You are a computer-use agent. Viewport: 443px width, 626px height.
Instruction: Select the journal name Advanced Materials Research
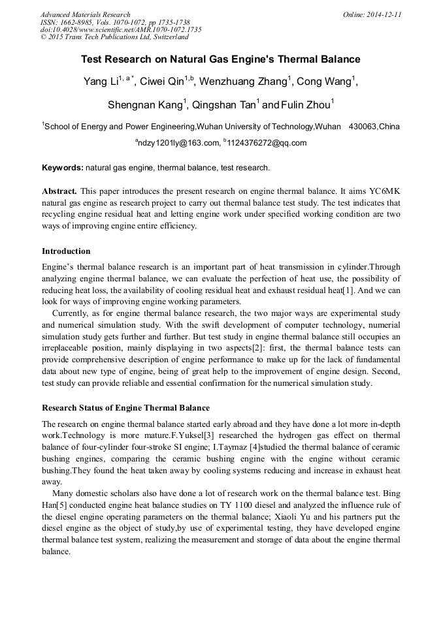click(85, 14)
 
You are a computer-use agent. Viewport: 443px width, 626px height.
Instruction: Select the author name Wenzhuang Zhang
click(244, 82)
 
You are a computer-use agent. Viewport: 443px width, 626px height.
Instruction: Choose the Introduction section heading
click(66, 251)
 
